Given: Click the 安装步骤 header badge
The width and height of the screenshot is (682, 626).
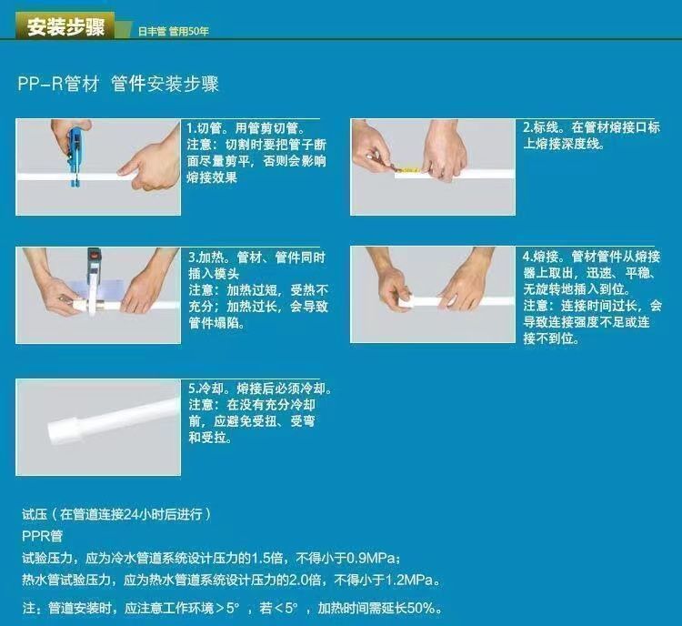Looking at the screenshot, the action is (65, 25).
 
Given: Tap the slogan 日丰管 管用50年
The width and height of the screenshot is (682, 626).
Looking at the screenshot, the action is (174, 31).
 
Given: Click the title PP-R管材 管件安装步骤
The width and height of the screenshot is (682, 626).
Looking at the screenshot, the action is (118, 84).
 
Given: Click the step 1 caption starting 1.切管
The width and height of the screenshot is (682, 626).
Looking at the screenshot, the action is (256, 153).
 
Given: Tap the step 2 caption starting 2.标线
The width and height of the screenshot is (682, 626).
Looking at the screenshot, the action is (592, 136).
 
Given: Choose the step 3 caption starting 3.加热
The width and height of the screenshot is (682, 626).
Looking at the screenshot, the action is (258, 290).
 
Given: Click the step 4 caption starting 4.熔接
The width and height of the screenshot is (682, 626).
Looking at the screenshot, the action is (592, 298).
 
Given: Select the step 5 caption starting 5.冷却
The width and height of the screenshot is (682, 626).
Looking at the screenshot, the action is (260, 413).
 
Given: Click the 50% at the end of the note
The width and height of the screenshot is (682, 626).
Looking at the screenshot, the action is (421, 608).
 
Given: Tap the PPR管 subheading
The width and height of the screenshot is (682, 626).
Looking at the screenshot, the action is (42, 536).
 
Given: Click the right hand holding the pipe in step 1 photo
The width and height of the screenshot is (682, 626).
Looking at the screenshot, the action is (150, 161).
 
